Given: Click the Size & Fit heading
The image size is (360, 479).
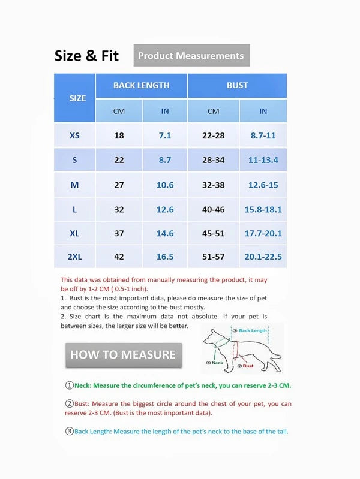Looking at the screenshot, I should click(x=86, y=56).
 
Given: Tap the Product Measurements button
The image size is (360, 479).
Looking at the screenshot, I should click(x=191, y=56).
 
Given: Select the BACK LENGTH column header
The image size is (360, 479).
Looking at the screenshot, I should click(x=141, y=85).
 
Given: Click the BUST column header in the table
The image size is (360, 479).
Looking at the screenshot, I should click(x=237, y=85).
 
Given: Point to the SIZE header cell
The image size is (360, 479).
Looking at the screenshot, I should click(x=77, y=98).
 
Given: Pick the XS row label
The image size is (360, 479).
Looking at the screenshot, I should click(x=74, y=135).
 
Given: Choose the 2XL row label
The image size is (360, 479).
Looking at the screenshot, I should click(x=74, y=257).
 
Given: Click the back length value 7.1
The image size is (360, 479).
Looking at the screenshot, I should click(x=164, y=135).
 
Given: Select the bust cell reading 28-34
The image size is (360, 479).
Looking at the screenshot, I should click(x=213, y=160).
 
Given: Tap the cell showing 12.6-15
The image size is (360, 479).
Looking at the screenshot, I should click(x=263, y=185).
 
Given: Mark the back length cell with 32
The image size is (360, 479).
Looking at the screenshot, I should click(x=119, y=209).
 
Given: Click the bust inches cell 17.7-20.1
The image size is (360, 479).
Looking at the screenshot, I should click(x=263, y=233).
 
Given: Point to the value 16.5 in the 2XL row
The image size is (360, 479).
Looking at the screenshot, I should click(x=164, y=257).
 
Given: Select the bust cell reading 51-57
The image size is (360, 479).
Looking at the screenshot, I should click(x=213, y=257).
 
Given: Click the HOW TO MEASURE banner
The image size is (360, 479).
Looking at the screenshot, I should click(x=123, y=354).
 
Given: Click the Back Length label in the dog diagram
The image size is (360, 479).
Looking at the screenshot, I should click(x=253, y=330).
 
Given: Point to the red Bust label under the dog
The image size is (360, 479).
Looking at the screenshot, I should click(x=247, y=366).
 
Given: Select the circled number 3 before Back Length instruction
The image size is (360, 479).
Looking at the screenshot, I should click(x=70, y=431).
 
